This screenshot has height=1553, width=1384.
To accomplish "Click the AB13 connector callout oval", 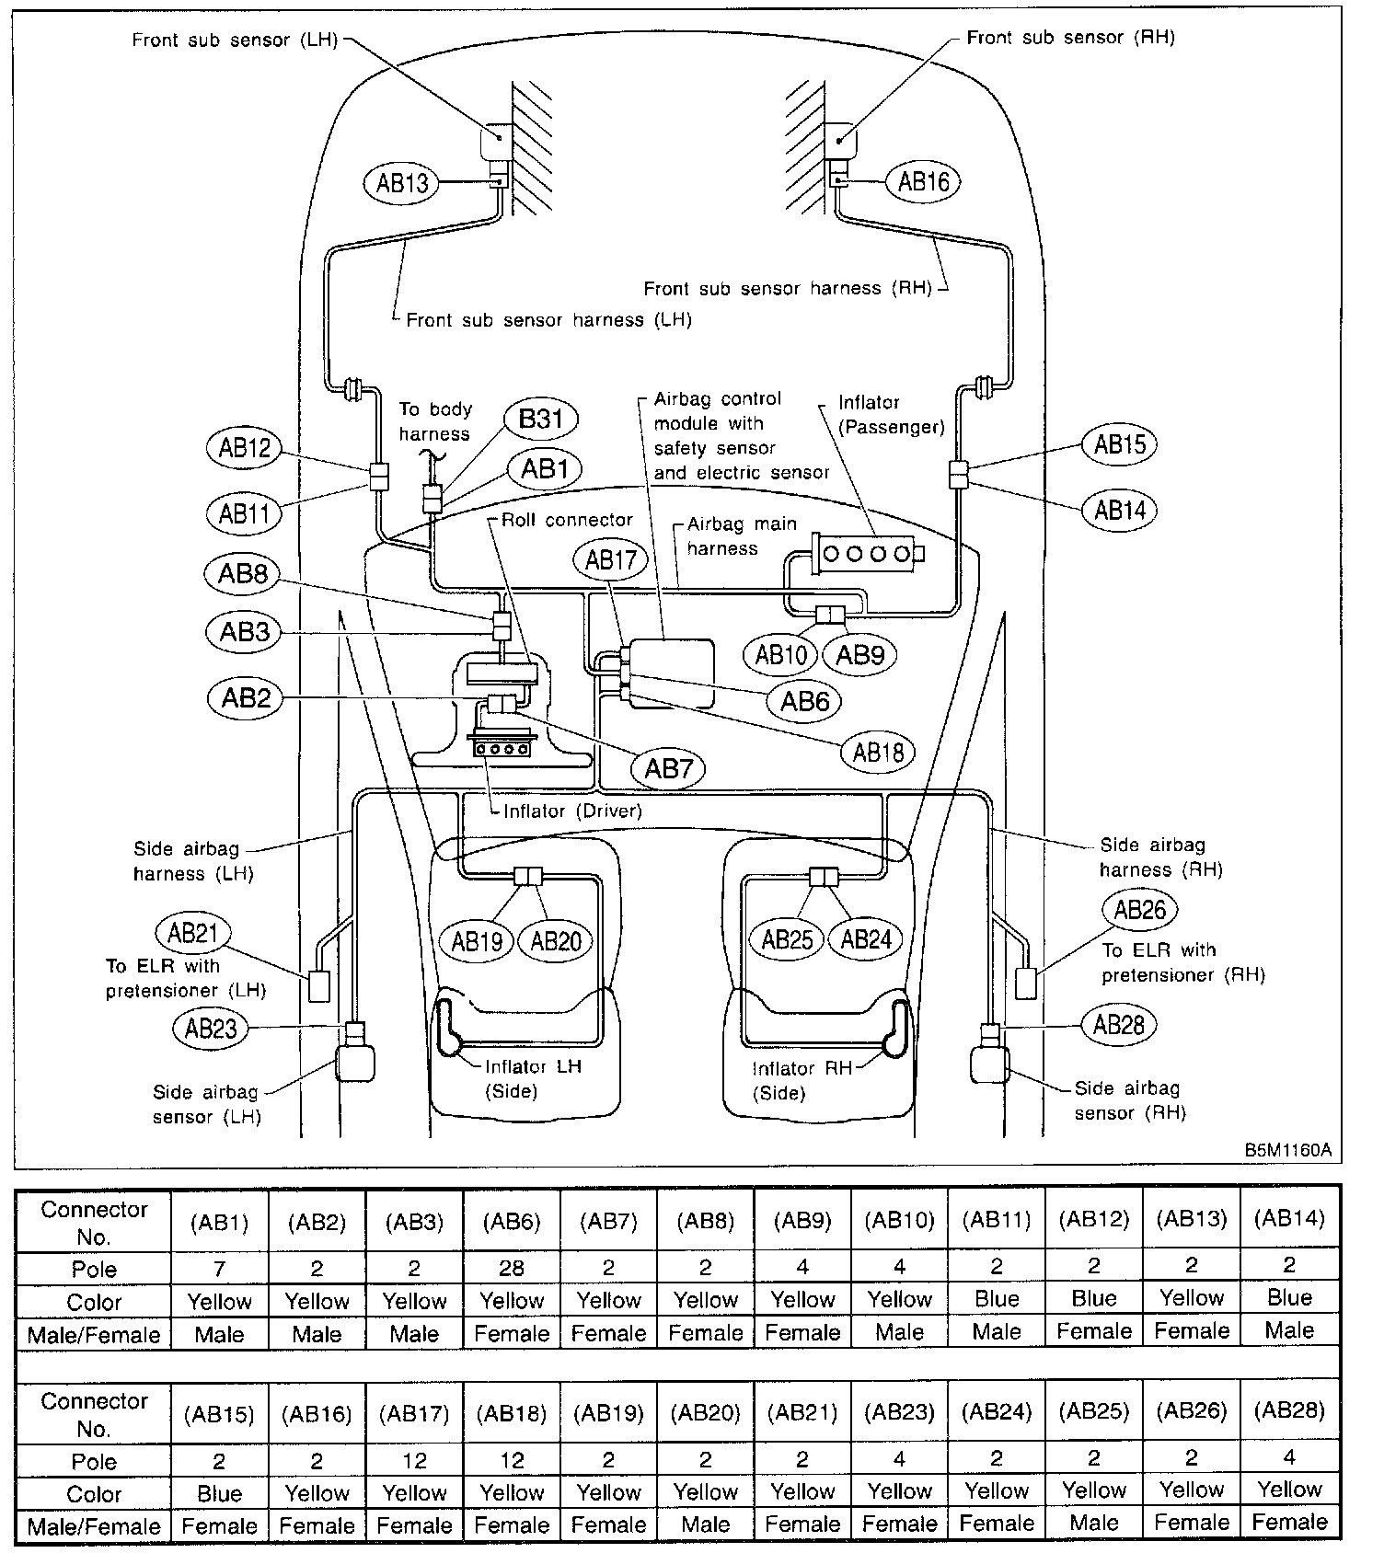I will pyautogui.click(x=402, y=182).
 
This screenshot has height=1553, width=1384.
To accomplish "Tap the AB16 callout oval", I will pyautogui.click(x=923, y=181).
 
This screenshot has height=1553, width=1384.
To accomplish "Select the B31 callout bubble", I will pyautogui.click(x=541, y=420).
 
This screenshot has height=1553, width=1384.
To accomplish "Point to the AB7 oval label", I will pyautogui.click(x=668, y=768).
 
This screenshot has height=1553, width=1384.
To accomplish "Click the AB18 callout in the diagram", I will pyautogui.click(x=878, y=753).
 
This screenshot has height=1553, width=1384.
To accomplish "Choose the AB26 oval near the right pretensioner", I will pyautogui.click(x=1139, y=910).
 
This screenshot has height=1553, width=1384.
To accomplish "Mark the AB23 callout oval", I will pyautogui.click(x=211, y=1028).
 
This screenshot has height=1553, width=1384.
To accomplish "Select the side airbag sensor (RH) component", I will pyautogui.click(x=990, y=1064).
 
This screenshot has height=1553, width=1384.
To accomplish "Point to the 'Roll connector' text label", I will pyautogui.click(x=567, y=520).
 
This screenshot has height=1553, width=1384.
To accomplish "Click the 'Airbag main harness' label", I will pyautogui.click(x=741, y=535).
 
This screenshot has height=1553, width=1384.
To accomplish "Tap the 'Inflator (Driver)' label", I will pyautogui.click(x=571, y=811).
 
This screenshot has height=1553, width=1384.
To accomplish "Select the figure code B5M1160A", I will pyautogui.click(x=1287, y=1150).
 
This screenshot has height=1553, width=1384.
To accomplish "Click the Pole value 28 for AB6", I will pyautogui.click(x=512, y=1269).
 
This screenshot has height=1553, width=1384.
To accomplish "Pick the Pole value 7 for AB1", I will pyautogui.click(x=219, y=1269).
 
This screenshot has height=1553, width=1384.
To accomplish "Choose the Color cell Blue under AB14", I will pyautogui.click(x=1288, y=1298).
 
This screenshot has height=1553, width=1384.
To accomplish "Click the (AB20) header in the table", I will pyautogui.click(x=706, y=1412).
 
